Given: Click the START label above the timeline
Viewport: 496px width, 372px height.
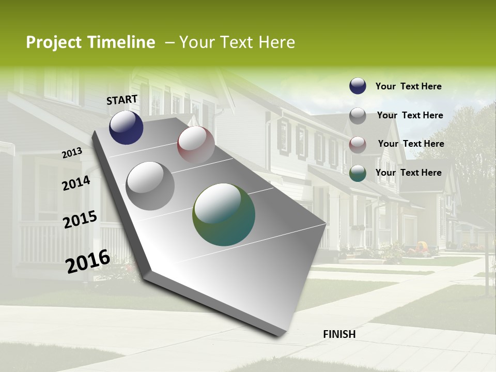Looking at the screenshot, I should coord(122,100).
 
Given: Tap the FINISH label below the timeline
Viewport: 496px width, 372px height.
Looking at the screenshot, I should coord(339,334).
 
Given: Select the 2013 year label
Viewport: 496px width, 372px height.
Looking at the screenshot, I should coord(72,153).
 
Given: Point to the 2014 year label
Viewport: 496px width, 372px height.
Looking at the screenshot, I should coord(76,183).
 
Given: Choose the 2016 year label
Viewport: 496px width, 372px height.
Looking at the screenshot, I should coord(88,261).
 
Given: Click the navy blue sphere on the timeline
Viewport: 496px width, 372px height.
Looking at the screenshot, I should coord(126,127).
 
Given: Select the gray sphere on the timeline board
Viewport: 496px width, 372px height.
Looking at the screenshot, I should coord(150,185).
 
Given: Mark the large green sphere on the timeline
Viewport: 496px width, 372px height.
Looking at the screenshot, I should coord(224,214).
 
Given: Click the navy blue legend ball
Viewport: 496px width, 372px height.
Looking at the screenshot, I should coord(358,86).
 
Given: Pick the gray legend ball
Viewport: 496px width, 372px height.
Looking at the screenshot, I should coord(358,116).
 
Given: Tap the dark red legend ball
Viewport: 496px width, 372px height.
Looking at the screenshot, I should coord(358,145).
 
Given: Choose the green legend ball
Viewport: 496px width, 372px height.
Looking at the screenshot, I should coord(358,174).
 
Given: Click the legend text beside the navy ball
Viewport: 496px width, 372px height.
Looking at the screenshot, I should coord(408,86).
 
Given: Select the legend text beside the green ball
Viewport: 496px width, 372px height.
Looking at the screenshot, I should coord(408,173).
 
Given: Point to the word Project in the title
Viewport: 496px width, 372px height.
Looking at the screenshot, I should coord(54,42).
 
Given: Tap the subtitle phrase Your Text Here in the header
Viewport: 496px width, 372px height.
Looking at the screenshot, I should coord(237,42).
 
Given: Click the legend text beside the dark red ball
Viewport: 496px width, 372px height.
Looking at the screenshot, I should coord(411,144).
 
